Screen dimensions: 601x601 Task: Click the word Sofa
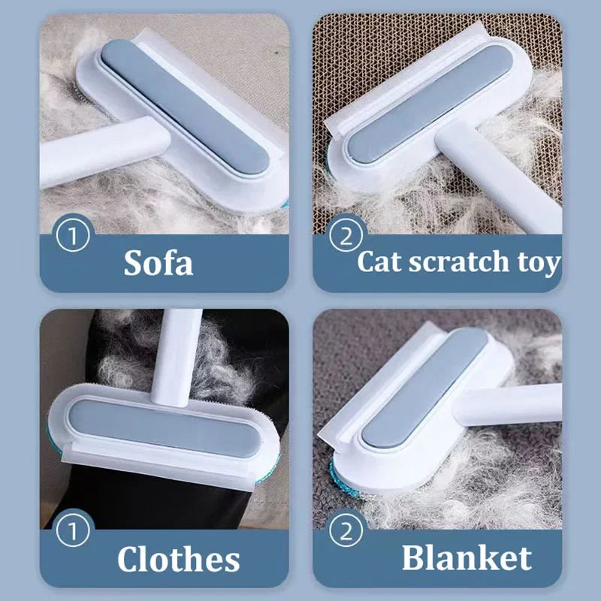[158, 263]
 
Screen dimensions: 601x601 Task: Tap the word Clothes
[178, 559]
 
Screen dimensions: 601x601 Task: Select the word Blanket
[466, 557]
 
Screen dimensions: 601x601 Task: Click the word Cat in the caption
[382, 262]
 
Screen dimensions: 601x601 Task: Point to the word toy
[536, 263]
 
